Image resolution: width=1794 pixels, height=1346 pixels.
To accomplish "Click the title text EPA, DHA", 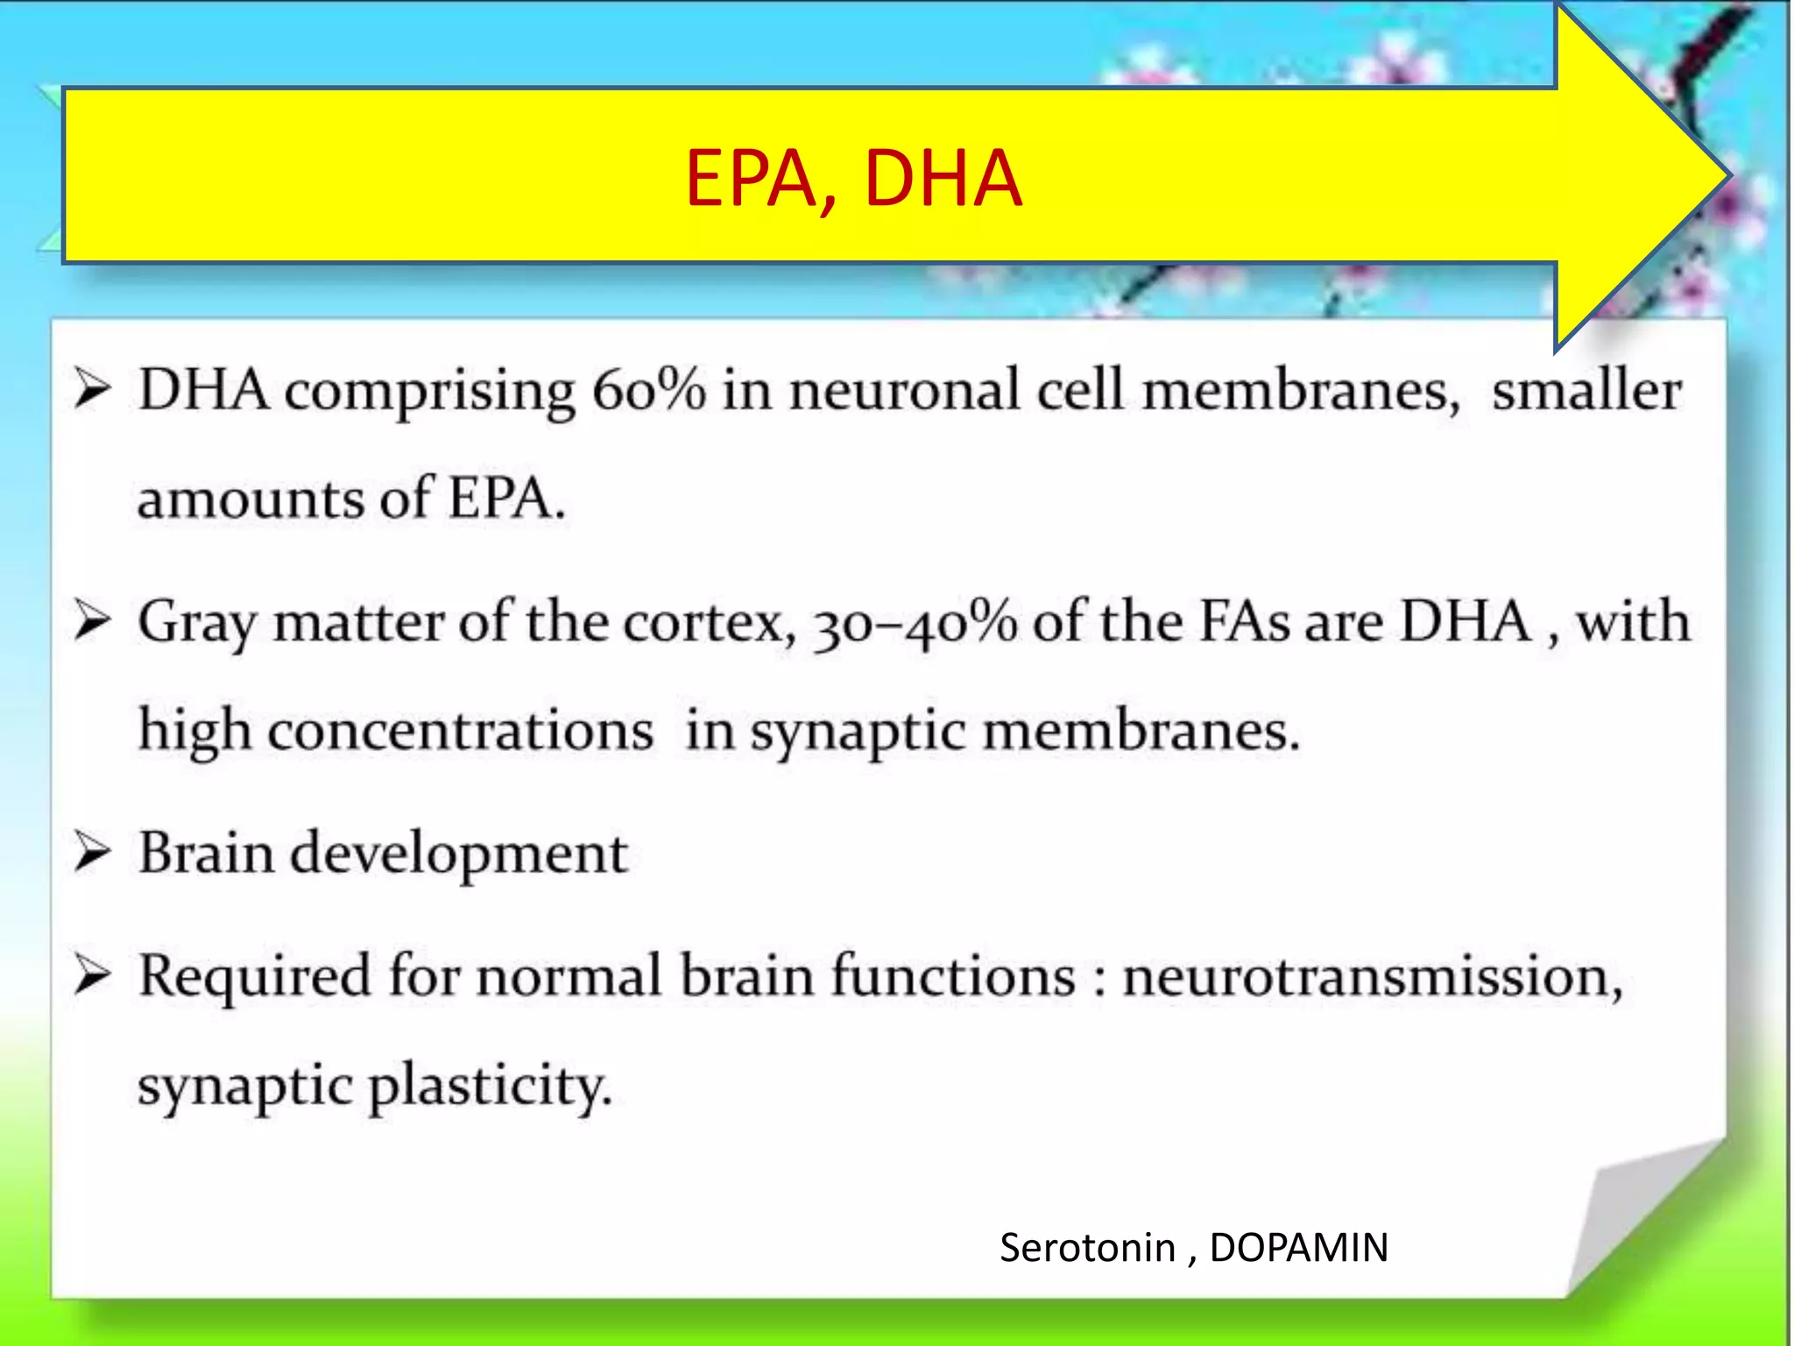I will [x=853, y=179].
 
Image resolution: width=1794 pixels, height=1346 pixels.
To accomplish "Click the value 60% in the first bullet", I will [x=648, y=390].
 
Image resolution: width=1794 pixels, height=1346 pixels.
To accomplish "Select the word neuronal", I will [x=905, y=390].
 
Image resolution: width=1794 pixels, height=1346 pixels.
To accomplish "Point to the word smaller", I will [x=1586, y=392].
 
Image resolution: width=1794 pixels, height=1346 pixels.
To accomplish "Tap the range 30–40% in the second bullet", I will [x=915, y=623].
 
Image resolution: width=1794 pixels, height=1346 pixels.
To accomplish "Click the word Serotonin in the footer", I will [x=1087, y=1247].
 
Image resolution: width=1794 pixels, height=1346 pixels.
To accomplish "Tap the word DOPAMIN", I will [x=1298, y=1247].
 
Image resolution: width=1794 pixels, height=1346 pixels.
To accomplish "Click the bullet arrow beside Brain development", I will [x=92, y=852].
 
